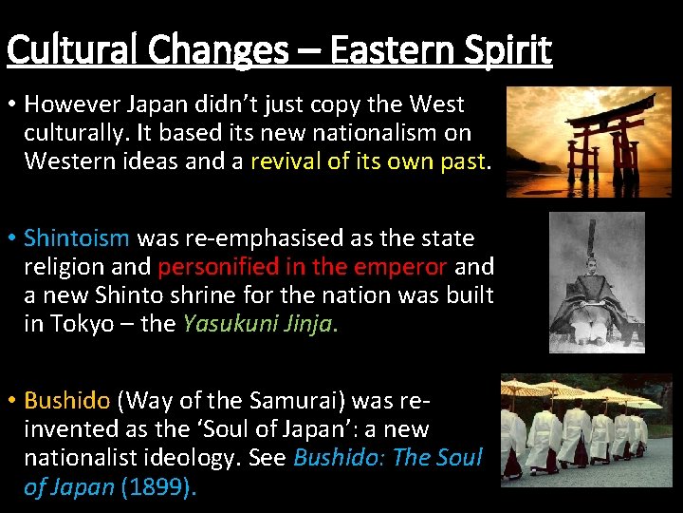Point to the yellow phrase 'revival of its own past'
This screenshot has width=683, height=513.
click(x=367, y=161)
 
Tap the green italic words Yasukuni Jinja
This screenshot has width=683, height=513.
click(x=255, y=323)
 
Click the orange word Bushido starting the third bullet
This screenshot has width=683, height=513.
click(x=66, y=400)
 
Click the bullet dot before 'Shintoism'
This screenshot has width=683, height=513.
click(x=12, y=237)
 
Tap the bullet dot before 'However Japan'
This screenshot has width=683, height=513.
click(x=12, y=103)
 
